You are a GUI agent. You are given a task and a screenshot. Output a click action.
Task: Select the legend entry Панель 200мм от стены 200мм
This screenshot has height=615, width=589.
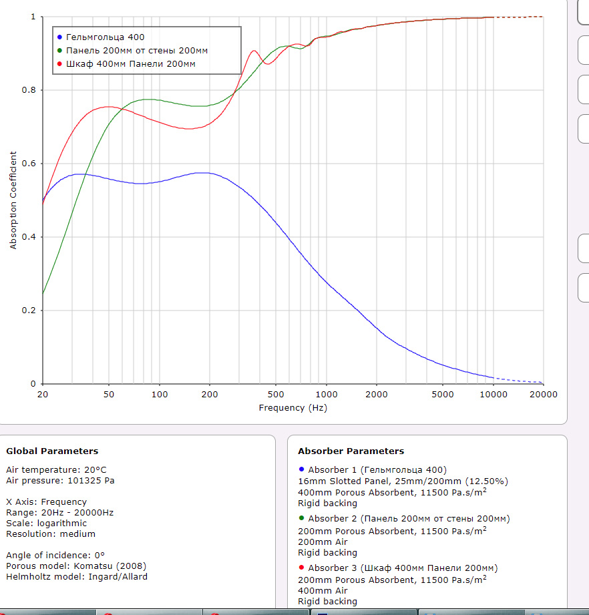point(137,51)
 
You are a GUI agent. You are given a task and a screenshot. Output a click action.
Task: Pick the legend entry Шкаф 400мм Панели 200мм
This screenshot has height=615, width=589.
point(131,64)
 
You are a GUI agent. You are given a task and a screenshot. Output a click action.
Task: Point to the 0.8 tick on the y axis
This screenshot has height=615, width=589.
point(32,90)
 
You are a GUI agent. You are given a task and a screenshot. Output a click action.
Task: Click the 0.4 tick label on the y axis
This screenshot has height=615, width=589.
point(32,237)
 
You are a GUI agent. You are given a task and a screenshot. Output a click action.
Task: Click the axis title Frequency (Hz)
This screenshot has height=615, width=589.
point(292,407)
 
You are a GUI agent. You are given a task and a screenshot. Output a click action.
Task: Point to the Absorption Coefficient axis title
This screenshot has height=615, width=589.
point(13,200)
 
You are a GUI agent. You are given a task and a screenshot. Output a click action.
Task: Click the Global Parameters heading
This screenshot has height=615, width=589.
point(52,451)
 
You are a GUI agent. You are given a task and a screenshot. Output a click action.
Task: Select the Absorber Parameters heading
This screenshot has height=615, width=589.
point(351,451)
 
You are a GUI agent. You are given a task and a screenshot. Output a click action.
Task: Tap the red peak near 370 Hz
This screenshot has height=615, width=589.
point(254,51)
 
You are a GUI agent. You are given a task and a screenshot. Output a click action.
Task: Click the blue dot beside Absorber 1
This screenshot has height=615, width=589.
point(301,469)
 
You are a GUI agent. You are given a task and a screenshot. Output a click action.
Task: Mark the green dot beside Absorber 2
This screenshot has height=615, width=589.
point(301,518)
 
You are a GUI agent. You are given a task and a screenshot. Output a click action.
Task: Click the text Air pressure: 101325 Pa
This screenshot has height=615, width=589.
point(61,480)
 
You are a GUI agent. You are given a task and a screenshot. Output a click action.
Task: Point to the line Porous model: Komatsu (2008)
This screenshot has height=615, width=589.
point(76,566)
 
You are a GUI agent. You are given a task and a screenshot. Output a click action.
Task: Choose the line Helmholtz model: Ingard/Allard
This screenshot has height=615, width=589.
point(77,576)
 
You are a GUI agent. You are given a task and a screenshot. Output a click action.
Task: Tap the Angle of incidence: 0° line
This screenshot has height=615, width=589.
point(55,555)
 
